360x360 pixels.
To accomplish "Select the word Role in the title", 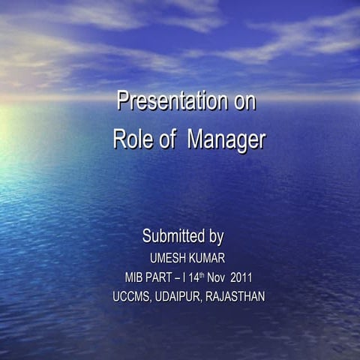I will (132, 139).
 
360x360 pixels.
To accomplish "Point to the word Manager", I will (226, 140).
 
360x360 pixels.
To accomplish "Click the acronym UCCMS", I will (131, 296).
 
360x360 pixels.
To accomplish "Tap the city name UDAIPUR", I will (178, 296).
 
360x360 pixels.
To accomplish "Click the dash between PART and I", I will (181, 277).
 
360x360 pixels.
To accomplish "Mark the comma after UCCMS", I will (151, 300).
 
